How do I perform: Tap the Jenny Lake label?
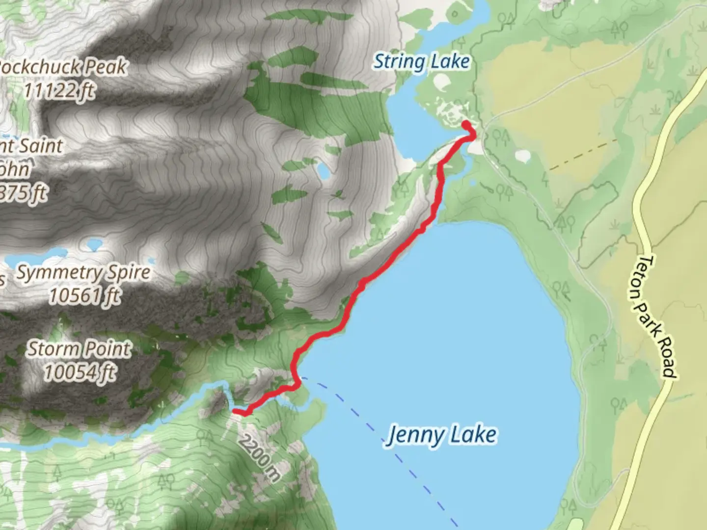coord(441,435)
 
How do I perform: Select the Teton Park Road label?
coord(657,316)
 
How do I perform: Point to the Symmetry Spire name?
coord(83,272)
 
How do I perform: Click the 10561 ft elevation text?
coord(84,296)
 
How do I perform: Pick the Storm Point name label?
coord(79,349)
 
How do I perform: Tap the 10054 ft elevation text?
coord(80,372)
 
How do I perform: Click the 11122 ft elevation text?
coord(59,90)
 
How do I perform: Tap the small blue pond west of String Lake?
coord(324,171)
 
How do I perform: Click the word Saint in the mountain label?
coord(39,146)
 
